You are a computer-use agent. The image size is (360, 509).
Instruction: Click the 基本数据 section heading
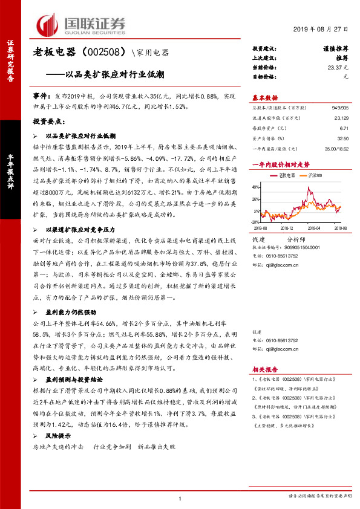[264, 97]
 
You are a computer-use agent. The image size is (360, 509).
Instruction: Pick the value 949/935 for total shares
[339, 106]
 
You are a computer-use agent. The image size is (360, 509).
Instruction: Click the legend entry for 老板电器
[286, 175]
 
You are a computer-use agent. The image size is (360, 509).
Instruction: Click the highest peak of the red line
[310, 189]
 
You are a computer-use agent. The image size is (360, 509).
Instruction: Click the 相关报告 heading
[264, 368]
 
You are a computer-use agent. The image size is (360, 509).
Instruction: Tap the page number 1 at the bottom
[180, 498]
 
